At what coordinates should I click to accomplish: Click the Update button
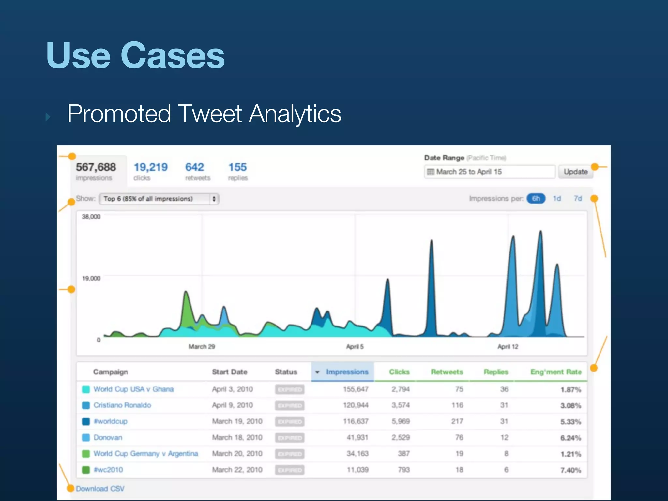pyautogui.click(x=576, y=172)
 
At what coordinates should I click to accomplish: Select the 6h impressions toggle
pyautogui.click(x=536, y=199)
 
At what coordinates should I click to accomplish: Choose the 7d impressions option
pyautogui.click(x=578, y=199)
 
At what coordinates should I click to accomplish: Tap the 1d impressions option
pyautogui.click(x=557, y=199)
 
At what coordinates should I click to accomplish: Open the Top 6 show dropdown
pyautogui.click(x=159, y=199)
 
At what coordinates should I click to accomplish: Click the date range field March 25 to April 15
pyautogui.click(x=489, y=172)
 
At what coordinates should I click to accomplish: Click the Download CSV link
pyautogui.click(x=100, y=489)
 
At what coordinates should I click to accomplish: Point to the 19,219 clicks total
pyautogui.click(x=150, y=167)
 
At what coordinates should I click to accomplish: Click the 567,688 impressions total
pyautogui.click(x=96, y=167)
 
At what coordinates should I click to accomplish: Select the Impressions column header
pyautogui.click(x=347, y=372)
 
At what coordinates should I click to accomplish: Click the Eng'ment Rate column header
pyautogui.click(x=556, y=372)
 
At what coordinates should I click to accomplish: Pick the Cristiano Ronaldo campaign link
pyautogui.click(x=122, y=405)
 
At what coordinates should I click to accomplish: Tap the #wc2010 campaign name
pyautogui.click(x=108, y=470)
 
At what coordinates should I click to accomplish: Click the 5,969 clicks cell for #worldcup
pyautogui.click(x=401, y=421)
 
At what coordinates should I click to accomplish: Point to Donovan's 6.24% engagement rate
pyautogui.click(x=570, y=438)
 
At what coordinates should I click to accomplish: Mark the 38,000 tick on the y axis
pyautogui.click(x=91, y=217)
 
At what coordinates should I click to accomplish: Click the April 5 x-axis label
pyautogui.click(x=355, y=347)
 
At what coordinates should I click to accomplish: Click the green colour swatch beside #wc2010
pyautogui.click(x=86, y=470)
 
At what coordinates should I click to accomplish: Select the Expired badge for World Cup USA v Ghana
pyautogui.click(x=290, y=389)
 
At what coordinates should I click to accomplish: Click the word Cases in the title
pyautogui.click(x=173, y=55)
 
